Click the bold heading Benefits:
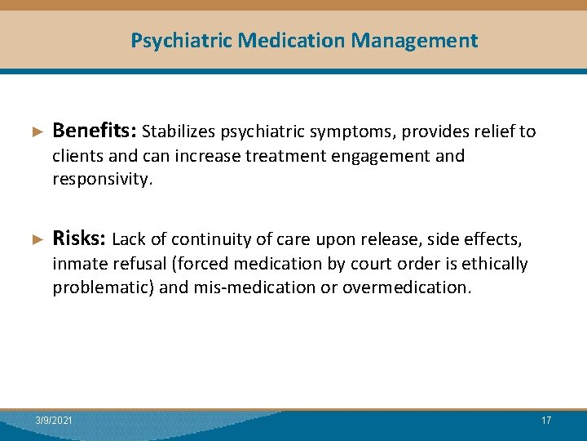click(x=95, y=131)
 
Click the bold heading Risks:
click(x=79, y=238)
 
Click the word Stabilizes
click(x=179, y=131)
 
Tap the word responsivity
click(x=102, y=180)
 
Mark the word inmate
click(x=78, y=264)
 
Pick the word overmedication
click(x=406, y=287)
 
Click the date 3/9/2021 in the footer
click(x=54, y=420)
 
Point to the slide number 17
click(x=546, y=420)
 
